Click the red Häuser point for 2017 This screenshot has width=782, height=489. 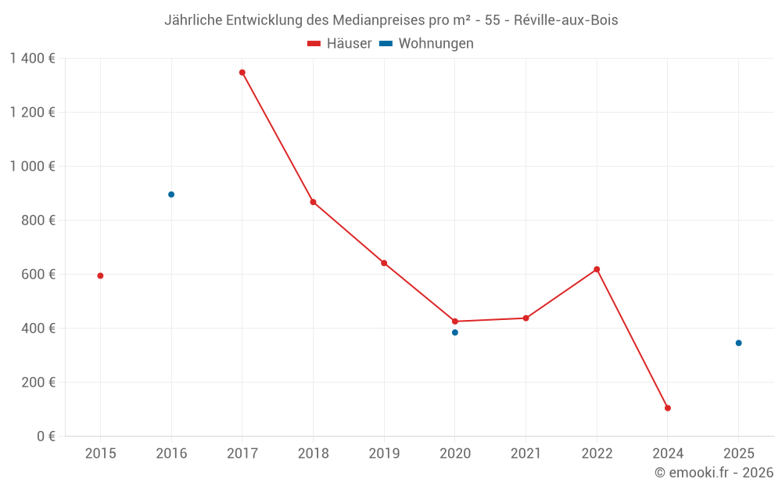[242, 73]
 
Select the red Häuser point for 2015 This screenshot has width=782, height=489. [100, 275]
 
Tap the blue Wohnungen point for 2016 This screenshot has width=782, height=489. [171, 195]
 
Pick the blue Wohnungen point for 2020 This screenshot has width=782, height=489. [455, 333]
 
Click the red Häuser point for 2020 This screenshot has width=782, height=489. [455, 322]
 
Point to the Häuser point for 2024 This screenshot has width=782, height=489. [668, 408]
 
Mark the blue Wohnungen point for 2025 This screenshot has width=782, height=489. [738, 343]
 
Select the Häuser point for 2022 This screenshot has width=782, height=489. [597, 269]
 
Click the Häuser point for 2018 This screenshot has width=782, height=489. [313, 202]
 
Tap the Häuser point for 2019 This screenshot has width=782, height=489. [384, 263]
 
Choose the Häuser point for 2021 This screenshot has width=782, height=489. [526, 318]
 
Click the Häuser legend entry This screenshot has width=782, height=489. [339, 44]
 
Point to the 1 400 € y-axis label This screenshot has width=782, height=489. [32, 59]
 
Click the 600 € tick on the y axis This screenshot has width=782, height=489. [40, 275]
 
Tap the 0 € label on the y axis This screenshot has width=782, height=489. [45, 437]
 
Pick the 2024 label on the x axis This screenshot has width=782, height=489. [668, 454]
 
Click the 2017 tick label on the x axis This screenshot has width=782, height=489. [242, 454]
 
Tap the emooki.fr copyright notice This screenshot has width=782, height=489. [714, 473]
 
